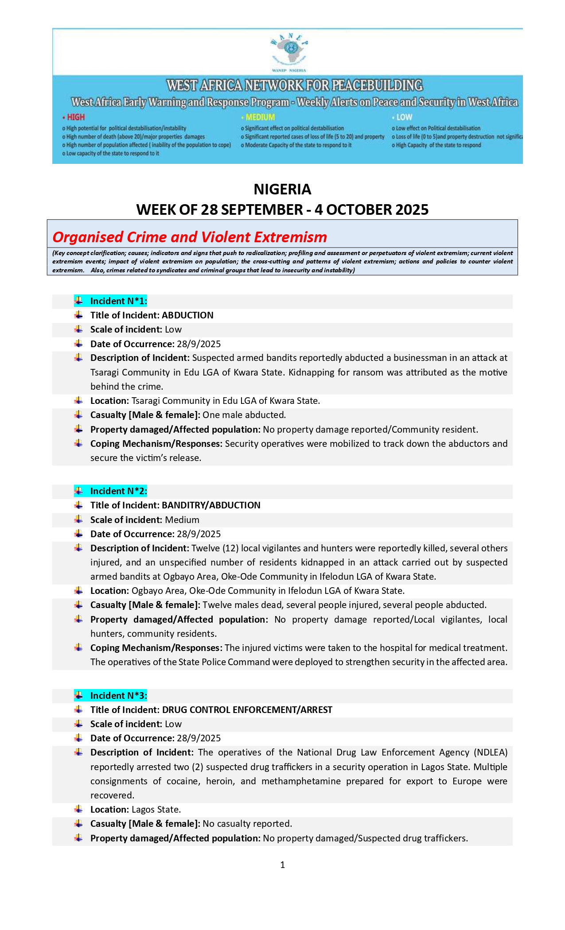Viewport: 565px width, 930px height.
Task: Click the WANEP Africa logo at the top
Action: (x=289, y=51)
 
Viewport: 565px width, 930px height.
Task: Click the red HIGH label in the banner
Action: (x=75, y=117)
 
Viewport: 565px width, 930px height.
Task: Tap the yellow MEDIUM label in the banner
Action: (x=260, y=117)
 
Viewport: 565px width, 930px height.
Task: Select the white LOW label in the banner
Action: (x=404, y=117)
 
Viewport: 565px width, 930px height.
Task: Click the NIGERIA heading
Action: (x=282, y=190)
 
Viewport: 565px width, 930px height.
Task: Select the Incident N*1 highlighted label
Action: (x=118, y=301)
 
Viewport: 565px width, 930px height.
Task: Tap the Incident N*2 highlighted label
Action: (x=118, y=491)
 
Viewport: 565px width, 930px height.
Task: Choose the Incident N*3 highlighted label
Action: (x=118, y=696)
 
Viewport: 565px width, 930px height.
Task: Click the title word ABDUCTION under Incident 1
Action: (x=187, y=315)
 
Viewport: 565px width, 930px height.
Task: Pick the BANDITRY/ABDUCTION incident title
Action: (x=211, y=505)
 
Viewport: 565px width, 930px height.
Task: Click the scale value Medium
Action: (x=182, y=520)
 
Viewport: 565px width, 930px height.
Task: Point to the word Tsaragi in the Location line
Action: (x=146, y=401)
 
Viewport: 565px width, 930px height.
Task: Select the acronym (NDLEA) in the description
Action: (x=491, y=752)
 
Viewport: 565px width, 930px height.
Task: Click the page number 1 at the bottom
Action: (x=283, y=865)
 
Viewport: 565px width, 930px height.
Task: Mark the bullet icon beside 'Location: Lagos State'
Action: (x=78, y=809)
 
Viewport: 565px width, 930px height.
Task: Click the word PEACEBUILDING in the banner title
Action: (x=377, y=85)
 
